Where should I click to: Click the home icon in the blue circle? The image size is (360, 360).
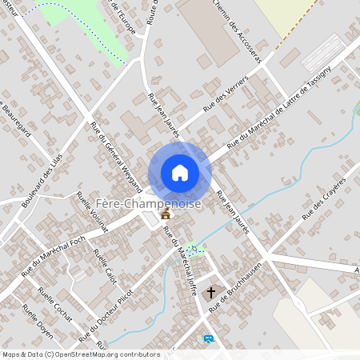click(x=179, y=173)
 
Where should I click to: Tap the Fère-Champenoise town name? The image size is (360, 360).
click(x=148, y=203)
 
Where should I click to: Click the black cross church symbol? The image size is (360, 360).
click(x=212, y=293)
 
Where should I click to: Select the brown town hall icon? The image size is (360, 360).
click(x=166, y=214)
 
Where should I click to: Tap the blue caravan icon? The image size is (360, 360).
click(x=209, y=339)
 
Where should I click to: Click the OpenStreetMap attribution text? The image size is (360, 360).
click(x=81, y=354)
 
